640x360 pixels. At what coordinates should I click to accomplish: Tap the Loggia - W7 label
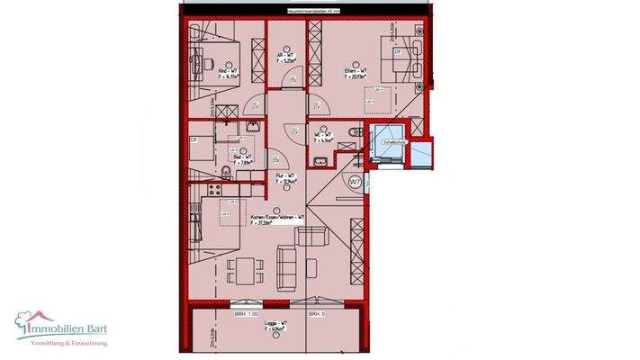click(275, 328)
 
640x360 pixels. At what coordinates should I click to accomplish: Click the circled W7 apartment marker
click(356, 181)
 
